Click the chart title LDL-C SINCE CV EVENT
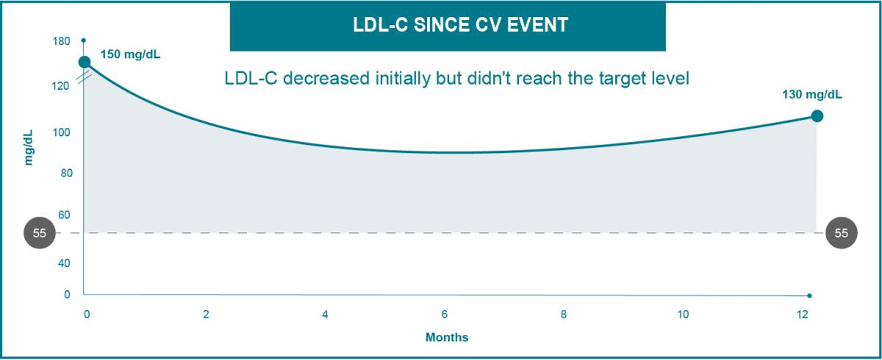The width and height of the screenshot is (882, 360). coord(448,25)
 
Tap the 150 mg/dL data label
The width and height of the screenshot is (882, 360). coord(130,54)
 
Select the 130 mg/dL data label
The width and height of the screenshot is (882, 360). coord(813,94)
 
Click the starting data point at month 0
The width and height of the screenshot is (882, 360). coord(85,62)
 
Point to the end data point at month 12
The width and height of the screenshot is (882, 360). coord(817,116)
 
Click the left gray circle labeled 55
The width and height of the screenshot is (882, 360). coord(40,233)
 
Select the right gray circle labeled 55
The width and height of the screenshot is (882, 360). coord(842,233)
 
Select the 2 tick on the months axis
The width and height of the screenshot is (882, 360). coord(206,314)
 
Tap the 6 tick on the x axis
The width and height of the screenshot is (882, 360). coord(445,314)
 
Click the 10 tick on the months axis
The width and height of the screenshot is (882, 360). coord(683,314)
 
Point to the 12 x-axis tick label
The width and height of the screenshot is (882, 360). coord(802,314)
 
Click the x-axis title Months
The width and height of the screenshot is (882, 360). coord(447,338)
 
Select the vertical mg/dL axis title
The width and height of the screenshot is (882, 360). coord(29,147)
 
